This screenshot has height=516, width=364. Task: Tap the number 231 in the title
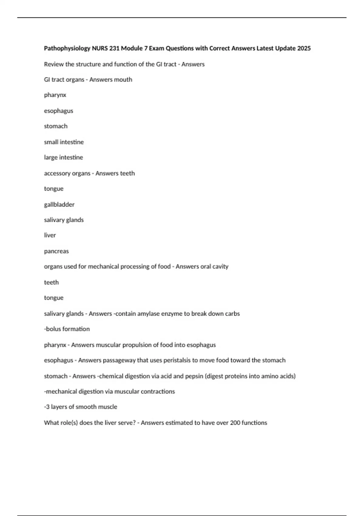(114, 48)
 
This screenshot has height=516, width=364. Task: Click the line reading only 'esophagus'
(59, 111)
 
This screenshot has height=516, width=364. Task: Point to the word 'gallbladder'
(59, 205)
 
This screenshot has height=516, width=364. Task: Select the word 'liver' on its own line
(50, 235)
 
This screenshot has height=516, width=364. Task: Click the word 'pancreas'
(56, 251)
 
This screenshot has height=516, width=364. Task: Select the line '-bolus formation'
(67, 329)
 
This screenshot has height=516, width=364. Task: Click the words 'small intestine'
(64, 142)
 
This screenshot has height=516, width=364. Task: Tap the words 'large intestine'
(63, 158)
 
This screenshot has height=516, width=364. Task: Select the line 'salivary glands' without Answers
(64, 220)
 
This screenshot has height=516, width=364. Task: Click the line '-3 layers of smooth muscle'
(80, 407)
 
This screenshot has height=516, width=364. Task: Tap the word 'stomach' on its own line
(56, 126)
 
